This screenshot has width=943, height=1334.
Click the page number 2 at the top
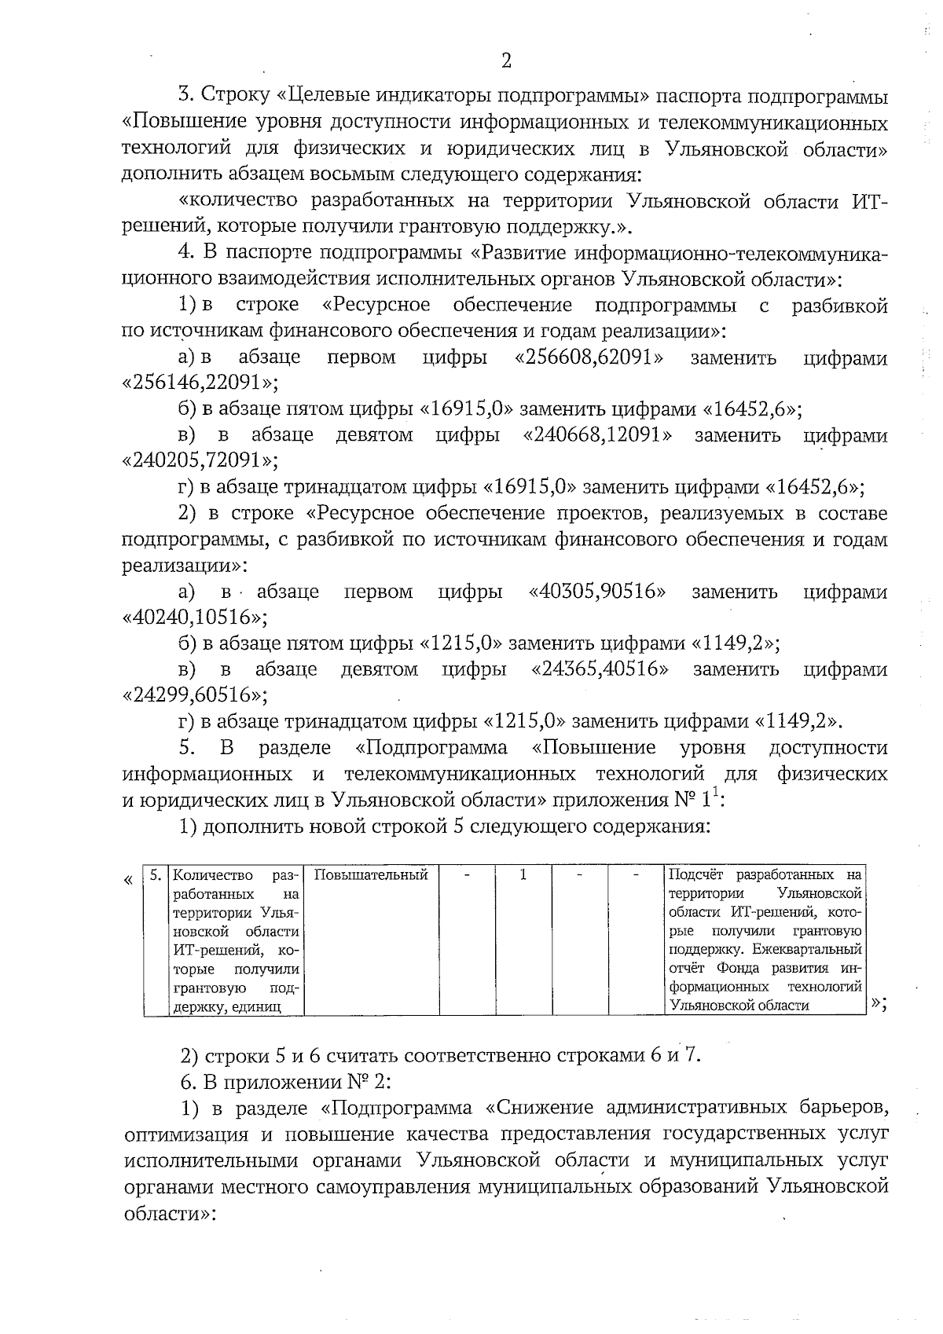tap(506, 60)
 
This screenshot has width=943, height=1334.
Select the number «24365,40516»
tap(601, 669)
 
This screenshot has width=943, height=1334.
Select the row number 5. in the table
tap(156, 875)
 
